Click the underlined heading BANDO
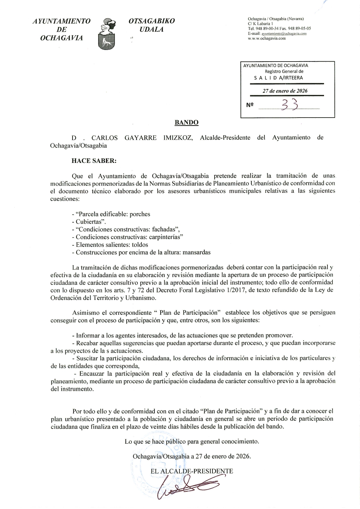[186, 123]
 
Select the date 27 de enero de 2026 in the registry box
[285, 91]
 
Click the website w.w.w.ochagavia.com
[267, 38]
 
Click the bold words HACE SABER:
[94, 161]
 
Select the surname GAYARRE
[140, 138]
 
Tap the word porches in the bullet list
[140, 214]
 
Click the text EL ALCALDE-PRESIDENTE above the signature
[192, 471]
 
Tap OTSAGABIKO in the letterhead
[152, 21]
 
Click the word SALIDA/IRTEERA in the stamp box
[278, 78]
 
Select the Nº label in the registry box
[250, 105]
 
